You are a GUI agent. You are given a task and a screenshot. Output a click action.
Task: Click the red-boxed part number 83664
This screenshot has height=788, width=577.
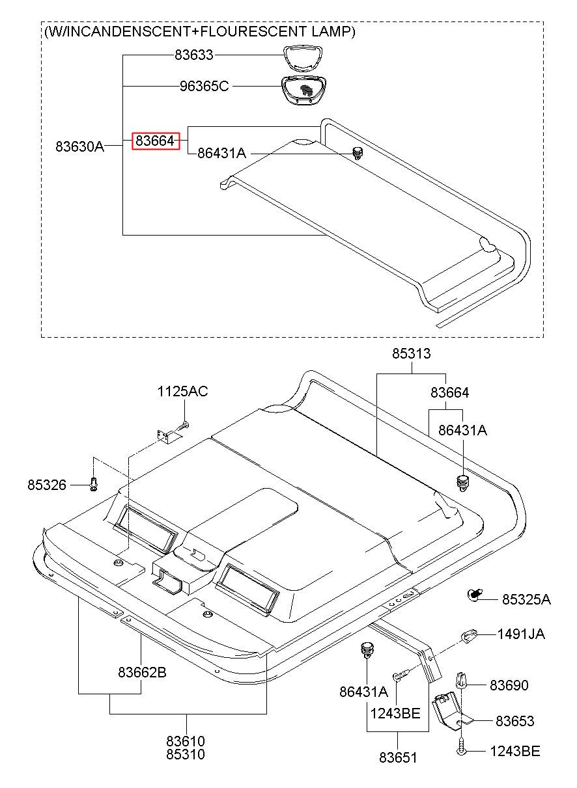tap(156, 141)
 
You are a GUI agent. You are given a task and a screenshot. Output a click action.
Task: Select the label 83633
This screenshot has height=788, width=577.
tap(193, 56)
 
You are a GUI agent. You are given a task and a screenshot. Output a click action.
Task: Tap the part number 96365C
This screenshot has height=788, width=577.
tap(204, 86)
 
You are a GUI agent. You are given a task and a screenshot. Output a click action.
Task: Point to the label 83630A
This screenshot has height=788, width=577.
tap(79, 146)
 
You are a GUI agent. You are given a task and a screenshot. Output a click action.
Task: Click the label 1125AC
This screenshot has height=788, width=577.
tap(182, 392)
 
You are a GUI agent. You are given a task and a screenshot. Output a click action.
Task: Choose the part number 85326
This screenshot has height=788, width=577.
tap(47, 485)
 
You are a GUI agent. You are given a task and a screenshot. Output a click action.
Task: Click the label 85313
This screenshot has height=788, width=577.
tap(411, 354)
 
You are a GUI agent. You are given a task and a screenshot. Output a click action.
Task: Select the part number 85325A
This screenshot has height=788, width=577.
tap(526, 599)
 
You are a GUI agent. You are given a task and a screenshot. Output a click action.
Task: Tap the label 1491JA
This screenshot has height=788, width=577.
tap(521, 634)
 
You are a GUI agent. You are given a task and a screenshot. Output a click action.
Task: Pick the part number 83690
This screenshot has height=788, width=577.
tap(509, 685)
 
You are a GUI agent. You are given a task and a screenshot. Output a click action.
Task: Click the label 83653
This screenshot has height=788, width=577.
tap(514, 721)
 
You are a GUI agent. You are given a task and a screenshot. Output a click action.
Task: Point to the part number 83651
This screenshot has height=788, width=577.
tap(398, 757)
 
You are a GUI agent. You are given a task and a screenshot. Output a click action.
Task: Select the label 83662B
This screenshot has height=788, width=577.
tap(142, 672)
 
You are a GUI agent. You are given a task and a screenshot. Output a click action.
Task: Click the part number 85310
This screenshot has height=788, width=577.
tap(186, 755)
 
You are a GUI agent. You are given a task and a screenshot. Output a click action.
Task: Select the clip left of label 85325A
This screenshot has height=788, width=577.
tap(475, 593)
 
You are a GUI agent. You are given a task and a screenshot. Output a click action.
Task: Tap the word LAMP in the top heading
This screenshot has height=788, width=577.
tap(333, 31)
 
